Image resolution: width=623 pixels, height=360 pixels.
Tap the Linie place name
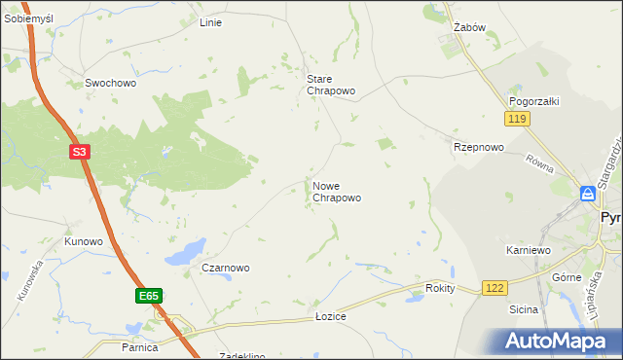[x=210, y=22]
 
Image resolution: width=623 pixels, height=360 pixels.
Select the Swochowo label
[x=110, y=84]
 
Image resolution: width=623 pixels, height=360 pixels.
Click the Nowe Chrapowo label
[x=337, y=192]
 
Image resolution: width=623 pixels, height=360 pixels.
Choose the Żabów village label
[x=470, y=27]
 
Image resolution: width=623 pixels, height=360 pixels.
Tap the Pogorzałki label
[x=531, y=101]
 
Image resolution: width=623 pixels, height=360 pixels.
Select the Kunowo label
[x=84, y=240]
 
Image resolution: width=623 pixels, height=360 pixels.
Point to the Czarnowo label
[x=226, y=268]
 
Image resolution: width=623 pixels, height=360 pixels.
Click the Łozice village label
[x=331, y=317]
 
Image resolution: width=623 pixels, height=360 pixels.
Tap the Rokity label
[x=441, y=289]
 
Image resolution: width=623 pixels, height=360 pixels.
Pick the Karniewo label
[x=529, y=250]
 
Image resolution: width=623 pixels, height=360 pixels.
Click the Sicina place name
[x=524, y=309]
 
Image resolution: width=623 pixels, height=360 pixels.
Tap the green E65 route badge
[x=148, y=295]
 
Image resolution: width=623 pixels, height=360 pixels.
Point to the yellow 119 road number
[x=517, y=119]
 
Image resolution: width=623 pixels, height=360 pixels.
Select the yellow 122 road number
[x=495, y=288]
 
